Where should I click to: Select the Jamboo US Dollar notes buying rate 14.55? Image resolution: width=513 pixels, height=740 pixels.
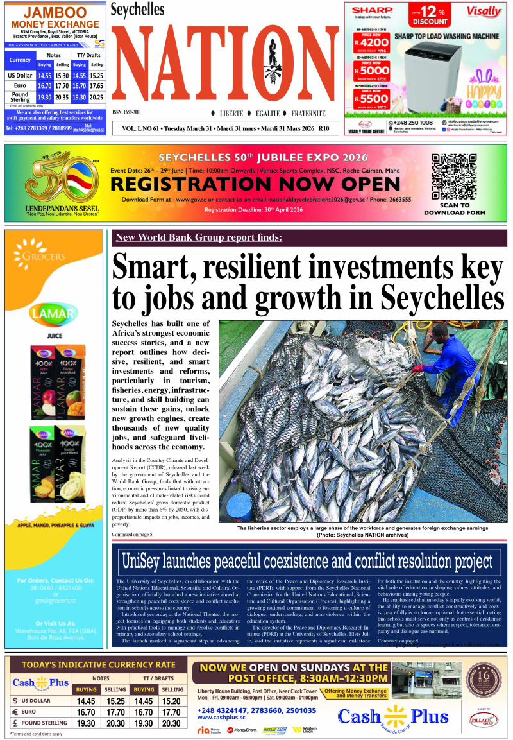click(45, 76)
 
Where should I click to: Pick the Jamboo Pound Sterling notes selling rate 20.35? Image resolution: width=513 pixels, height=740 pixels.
click(62, 98)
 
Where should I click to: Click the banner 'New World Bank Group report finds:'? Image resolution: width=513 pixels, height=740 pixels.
click(198, 238)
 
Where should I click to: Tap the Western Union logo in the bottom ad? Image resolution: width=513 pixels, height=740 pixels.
click(305, 730)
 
